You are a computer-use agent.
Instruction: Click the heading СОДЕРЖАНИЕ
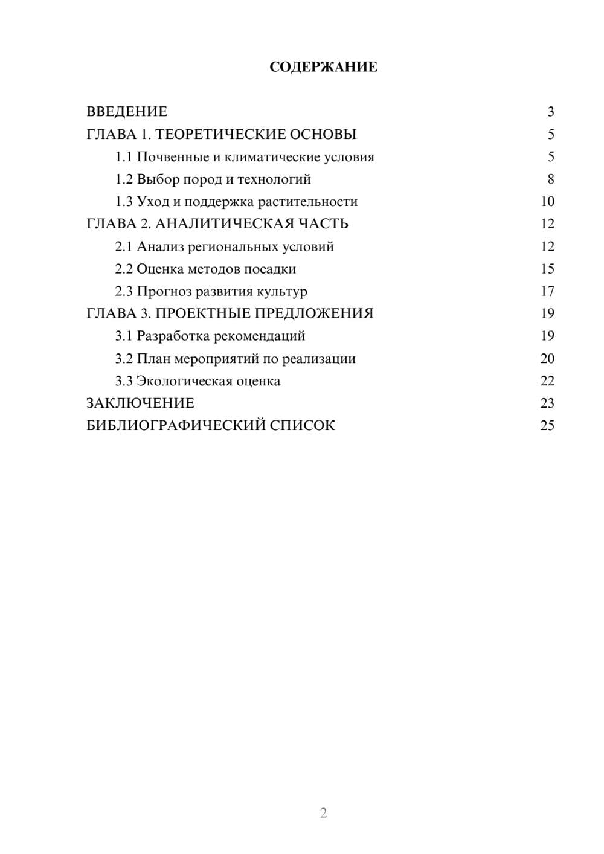(323, 67)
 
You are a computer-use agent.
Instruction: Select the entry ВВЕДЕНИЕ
(127, 112)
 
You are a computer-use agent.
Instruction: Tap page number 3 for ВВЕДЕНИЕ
(550, 112)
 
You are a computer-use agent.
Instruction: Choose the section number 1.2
(124, 179)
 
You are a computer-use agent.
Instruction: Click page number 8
(550, 179)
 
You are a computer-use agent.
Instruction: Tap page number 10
(547, 202)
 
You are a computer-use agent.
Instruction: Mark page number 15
(547, 269)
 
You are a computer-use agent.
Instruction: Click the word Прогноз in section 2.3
(160, 291)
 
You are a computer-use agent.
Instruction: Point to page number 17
(547, 291)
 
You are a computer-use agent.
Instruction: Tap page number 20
(547, 359)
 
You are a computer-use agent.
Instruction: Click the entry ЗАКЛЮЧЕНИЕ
(140, 403)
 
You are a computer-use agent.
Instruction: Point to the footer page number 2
(323, 813)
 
